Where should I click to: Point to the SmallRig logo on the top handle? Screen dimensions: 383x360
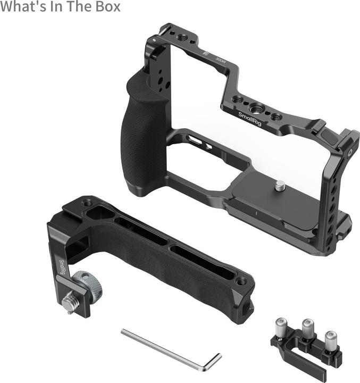(63, 268)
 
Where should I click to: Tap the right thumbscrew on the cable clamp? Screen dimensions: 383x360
(331, 337)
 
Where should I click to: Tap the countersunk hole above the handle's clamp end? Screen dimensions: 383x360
(86, 203)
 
